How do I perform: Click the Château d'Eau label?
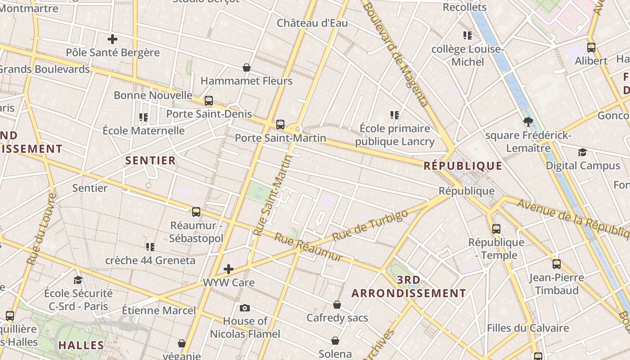pos(312,23)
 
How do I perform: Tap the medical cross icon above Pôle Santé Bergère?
pos(112,39)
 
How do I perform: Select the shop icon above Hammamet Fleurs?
pos(247,67)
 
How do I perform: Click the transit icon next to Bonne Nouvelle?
pos(208,100)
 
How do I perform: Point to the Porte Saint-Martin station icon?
pos(280,124)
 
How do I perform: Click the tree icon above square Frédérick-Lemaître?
pos(528,121)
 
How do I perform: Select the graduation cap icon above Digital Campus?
pos(582,152)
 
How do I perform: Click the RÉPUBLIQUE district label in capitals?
pos(463,166)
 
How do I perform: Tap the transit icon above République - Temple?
pos(496,229)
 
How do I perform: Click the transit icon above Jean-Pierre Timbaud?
pos(556,264)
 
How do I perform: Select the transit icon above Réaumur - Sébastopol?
pos(196,211)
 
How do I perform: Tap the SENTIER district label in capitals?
pos(150,161)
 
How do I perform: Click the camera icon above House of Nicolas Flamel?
pos(245,308)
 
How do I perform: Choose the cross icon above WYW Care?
pos(229,269)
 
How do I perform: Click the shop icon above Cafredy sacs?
pos(337,305)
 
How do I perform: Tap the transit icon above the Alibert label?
pos(591,47)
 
